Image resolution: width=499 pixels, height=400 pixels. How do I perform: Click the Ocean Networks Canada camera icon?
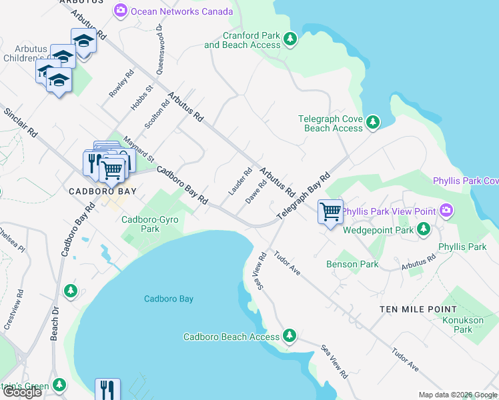point(121,11)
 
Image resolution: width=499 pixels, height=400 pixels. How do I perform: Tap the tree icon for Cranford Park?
point(290,39)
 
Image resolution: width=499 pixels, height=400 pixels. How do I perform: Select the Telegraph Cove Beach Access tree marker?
point(373,123)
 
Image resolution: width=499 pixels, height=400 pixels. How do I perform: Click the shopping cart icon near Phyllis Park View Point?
point(330,212)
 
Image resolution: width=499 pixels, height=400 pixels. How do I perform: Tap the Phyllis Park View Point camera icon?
point(446,211)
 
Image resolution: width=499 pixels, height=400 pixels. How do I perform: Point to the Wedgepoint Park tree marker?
point(423,229)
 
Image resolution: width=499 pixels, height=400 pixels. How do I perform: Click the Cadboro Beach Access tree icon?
point(289,336)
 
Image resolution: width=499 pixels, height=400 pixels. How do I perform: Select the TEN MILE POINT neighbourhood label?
point(418,309)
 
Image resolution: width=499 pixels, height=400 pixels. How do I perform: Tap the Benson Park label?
point(352,264)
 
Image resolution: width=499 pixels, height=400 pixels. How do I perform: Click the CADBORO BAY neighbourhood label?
point(103,191)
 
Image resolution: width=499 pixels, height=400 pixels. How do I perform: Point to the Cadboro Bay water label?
point(169,299)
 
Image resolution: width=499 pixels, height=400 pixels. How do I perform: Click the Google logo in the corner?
point(22,392)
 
